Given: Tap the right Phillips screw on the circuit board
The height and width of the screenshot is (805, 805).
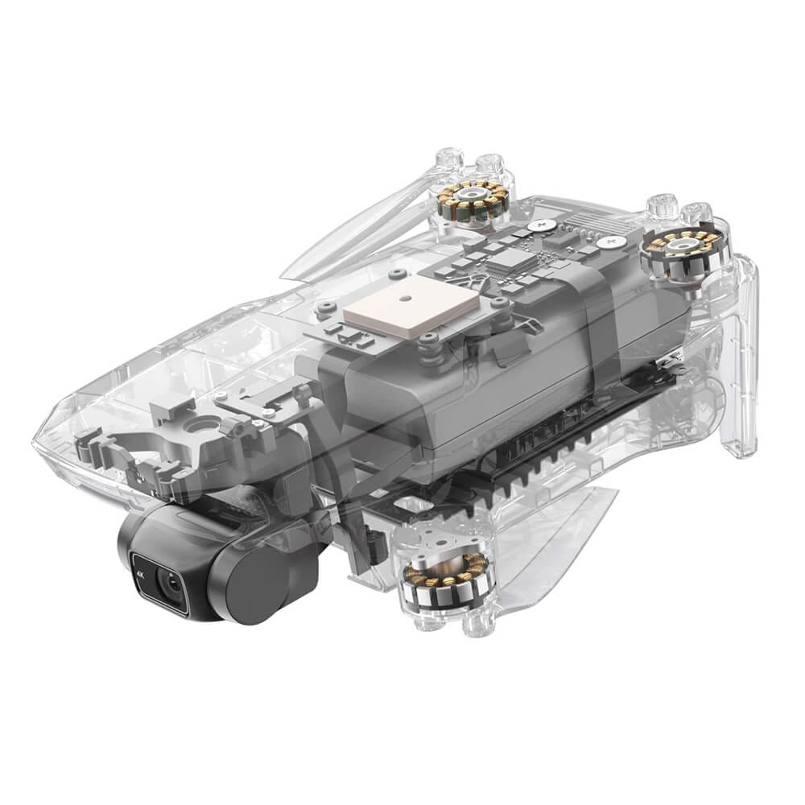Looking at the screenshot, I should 613,239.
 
